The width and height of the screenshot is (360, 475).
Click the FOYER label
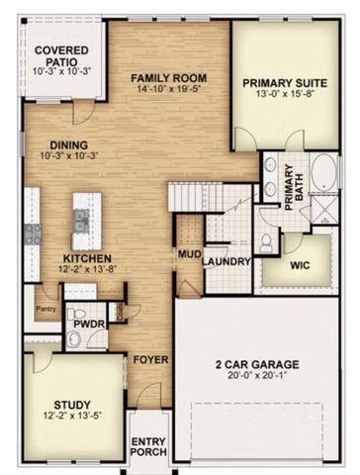pos(151,359)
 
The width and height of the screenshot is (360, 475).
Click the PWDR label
pos(81,324)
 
